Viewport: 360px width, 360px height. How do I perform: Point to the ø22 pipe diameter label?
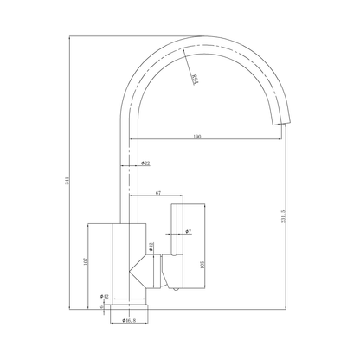tap(145, 164)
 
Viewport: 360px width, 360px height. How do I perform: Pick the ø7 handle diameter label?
tap(188, 232)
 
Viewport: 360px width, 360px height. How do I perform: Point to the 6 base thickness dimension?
tap(101, 305)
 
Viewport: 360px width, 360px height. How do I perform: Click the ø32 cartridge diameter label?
tap(151, 247)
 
